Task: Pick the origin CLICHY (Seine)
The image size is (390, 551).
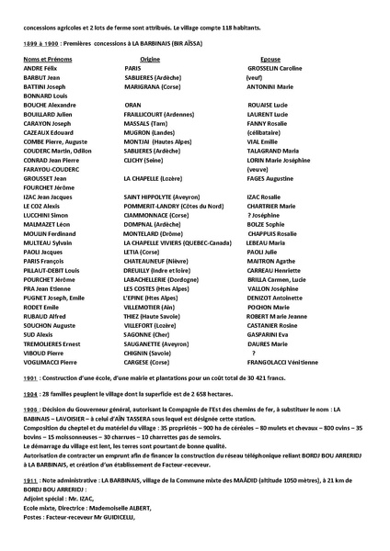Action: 146,160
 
